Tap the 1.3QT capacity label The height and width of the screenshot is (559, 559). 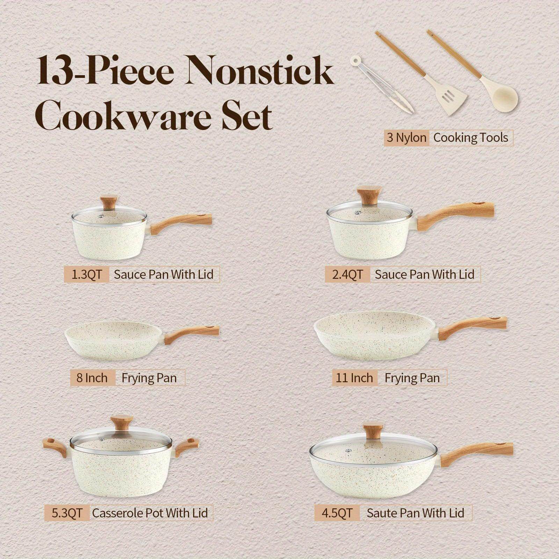[x=86, y=274]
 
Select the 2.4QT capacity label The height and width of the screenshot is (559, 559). [x=347, y=274]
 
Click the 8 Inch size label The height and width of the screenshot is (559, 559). [x=92, y=378]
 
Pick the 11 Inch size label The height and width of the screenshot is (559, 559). [x=354, y=378]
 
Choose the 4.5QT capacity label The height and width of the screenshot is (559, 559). [x=337, y=513]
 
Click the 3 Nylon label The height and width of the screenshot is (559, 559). [x=406, y=138]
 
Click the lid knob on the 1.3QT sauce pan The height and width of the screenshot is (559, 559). [x=109, y=202]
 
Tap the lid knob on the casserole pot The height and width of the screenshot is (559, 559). [x=122, y=424]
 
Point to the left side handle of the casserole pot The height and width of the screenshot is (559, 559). [x=56, y=447]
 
